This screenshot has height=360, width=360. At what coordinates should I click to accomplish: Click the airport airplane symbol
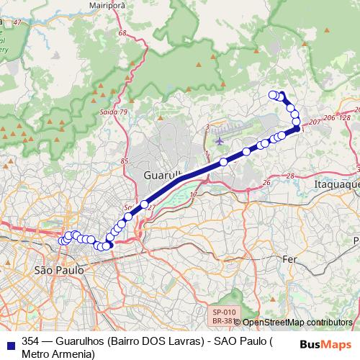pos(219,140)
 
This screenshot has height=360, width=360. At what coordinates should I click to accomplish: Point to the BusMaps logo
pos(321,344)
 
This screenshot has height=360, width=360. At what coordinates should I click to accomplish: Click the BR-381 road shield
pos(222,321)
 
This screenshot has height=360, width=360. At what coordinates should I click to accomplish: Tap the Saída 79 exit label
pos(114,112)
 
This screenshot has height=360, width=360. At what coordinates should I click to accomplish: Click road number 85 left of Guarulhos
pos(125,161)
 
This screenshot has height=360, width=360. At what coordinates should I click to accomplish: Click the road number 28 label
pos(289,176)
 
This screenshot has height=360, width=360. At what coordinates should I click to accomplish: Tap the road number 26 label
pos(266,182)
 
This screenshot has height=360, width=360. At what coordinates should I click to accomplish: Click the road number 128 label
pos(344,117)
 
